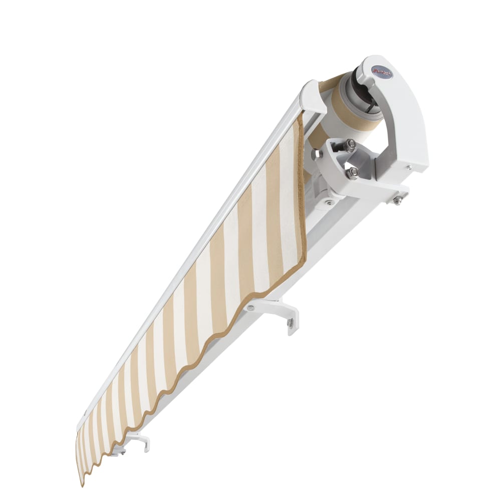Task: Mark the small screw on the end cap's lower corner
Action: coord(410,168)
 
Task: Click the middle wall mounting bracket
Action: coord(281,311)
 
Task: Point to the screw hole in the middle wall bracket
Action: coord(290,325)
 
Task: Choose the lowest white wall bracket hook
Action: coord(140,441)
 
